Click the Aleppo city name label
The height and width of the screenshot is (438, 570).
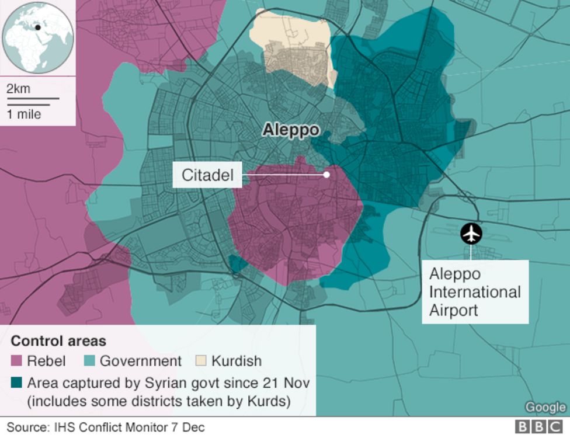coord(290,130)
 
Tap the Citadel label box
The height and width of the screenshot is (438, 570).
coord(207,175)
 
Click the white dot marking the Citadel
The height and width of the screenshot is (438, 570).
coord(327,174)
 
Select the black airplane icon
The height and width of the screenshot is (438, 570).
coord(471,234)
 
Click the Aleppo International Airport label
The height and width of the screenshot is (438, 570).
coord(475,291)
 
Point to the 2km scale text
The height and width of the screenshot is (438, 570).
coord(18,89)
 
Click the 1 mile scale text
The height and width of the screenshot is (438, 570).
coord(24,114)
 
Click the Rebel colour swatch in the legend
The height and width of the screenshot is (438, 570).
coord(16,361)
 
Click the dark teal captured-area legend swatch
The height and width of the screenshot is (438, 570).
coord(16,383)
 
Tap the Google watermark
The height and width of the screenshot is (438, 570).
coord(545,407)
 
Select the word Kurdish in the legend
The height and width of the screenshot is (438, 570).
coord(236,361)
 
